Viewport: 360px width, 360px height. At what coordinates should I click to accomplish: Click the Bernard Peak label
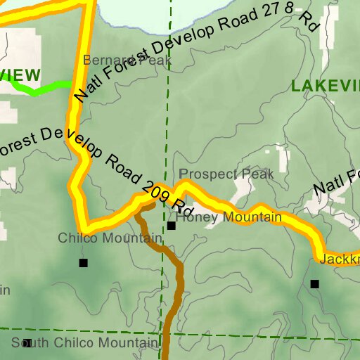[127, 60]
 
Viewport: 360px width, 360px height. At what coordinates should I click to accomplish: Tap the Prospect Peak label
[226, 173]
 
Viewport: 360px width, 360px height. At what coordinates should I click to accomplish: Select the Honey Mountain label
[229, 218]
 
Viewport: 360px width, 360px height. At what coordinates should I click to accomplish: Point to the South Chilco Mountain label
[84, 343]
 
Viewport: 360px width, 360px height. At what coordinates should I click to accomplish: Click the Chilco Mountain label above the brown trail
[110, 238]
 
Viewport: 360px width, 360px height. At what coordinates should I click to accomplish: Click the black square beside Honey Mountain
[171, 226]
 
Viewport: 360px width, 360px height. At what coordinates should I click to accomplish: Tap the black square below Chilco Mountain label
[83, 263]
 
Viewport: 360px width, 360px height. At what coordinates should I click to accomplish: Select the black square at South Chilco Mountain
[27, 343]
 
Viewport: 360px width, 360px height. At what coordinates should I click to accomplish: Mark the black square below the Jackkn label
[314, 284]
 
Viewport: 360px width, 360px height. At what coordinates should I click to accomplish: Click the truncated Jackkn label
[339, 259]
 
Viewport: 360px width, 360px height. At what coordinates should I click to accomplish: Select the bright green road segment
[42, 89]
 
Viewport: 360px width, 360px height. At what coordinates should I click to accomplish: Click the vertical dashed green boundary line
[168, 105]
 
